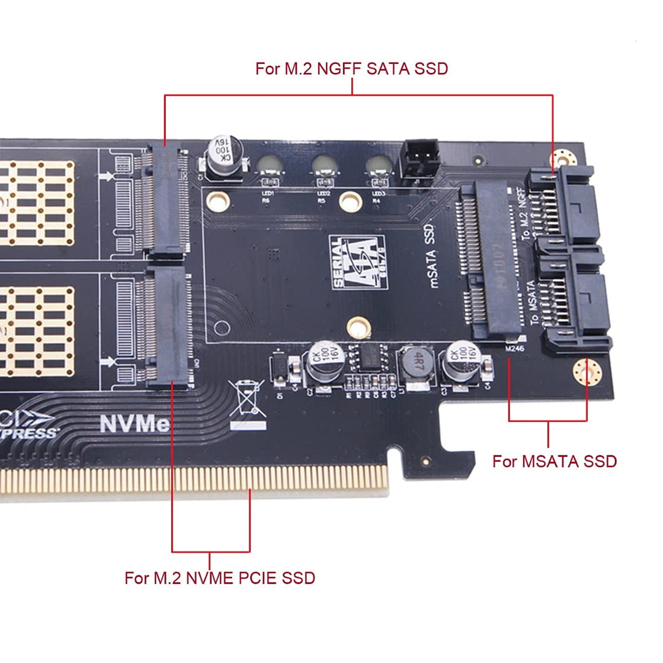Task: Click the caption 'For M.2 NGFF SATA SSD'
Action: point(351,68)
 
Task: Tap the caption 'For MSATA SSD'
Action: point(554,461)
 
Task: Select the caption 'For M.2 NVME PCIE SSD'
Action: point(219,578)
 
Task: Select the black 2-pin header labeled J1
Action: point(417,160)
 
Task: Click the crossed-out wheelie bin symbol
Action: point(247,398)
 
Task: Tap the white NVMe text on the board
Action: point(134,424)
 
